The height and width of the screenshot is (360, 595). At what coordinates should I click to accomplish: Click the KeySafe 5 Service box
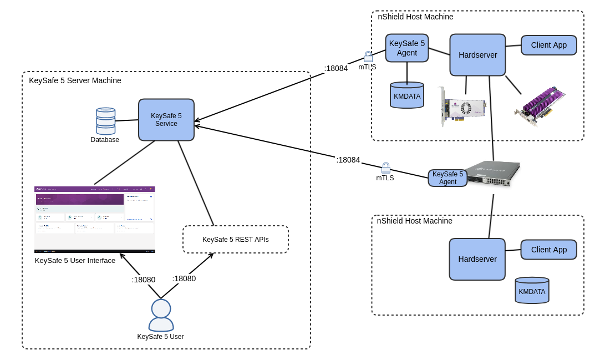pos(166,120)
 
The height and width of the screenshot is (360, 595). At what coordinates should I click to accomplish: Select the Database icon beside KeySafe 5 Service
pos(105,121)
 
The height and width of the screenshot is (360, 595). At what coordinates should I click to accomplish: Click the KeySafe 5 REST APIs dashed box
pos(235,239)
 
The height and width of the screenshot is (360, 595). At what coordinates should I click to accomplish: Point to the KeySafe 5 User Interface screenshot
pos(94,219)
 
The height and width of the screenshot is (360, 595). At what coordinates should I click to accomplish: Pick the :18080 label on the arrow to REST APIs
pos(184,278)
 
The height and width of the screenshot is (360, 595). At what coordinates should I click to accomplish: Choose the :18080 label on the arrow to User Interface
pos(143,280)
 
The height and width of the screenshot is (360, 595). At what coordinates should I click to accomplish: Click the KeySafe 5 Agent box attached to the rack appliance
pos(447,178)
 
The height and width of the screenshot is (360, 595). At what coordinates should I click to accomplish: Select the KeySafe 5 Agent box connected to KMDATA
pos(406,48)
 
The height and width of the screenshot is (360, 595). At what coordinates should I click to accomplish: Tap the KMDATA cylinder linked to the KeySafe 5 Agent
pos(406,95)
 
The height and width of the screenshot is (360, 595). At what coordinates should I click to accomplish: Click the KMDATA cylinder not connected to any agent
pos(531,291)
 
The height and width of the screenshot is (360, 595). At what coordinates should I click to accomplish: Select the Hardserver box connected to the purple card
pos(477,55)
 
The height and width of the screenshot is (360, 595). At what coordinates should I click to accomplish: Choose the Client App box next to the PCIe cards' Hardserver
pos(548,45)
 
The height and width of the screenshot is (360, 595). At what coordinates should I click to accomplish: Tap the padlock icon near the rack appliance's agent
pos(385,168)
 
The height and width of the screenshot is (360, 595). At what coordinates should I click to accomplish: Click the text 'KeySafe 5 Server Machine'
pos(75,80)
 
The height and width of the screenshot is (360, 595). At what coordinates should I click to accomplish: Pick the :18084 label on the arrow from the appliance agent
pos(348,160)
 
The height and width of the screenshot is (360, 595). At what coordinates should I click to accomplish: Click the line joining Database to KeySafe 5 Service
pos(126,120)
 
